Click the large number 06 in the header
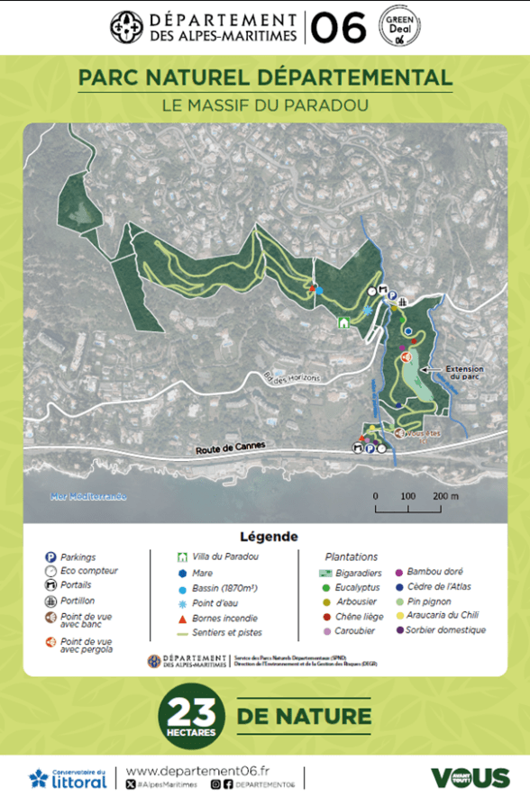tap(338, 28)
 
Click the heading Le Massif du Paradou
tap(265, 105)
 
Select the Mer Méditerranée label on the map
tap(88, 496)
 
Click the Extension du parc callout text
tap(465, 372)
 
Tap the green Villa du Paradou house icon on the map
tap(343, 322)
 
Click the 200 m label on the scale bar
tap(445, 496)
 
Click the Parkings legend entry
tap(77, 557)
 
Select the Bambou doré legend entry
tap(435, 572)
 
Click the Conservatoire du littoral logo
tap(69, 778)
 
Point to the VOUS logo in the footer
tap(469, 778)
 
